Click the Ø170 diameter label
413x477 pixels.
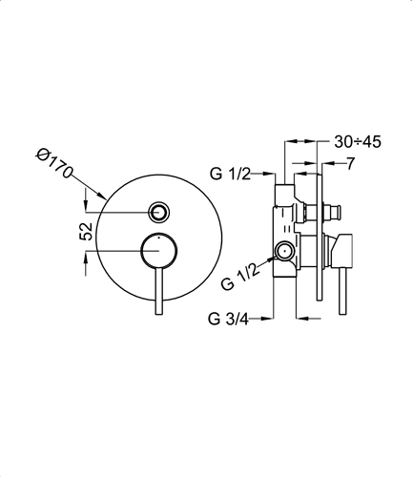pyautogui.click(x=54, y=163)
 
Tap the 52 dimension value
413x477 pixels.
pyautogui.click(x=86, y=231)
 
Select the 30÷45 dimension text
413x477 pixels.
pyautogui.click(x=358, y=142)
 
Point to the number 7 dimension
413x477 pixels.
pyautogui.click(x=350, y=164)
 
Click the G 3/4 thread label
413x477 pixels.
pyautogui.click(x=228, y=319)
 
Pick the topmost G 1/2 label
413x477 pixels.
pyautogui.click(x=230, y=174)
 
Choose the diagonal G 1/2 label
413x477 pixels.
pyautogui.click(x=241, y=274)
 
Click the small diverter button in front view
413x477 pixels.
pyautogui.click(x=158, y=212)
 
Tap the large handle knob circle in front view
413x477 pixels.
pyautogui.click(x=158, y=250)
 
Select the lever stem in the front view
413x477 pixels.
pyautogui.click(x=158, y=291)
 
